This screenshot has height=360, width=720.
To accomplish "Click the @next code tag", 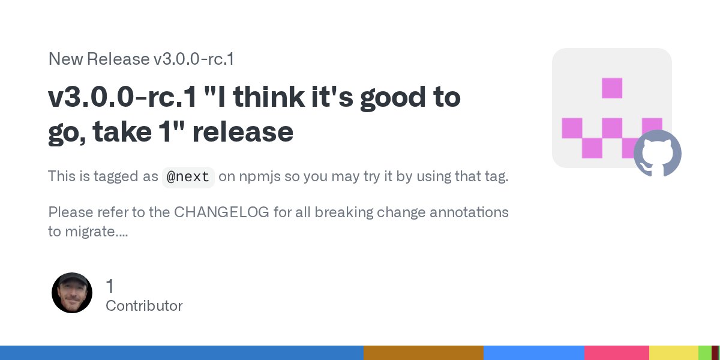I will (188, 177).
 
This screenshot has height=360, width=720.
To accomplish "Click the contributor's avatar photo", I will (72, 293).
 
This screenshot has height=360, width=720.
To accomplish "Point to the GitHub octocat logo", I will (658, 154).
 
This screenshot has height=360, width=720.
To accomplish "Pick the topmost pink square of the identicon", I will (612, 88).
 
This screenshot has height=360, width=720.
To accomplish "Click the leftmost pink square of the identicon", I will (572, 128).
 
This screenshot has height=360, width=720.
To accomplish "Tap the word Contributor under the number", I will (144, 306).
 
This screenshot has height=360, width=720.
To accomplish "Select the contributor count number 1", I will (110, 286).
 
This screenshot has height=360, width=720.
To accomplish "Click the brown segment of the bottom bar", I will (423, 353).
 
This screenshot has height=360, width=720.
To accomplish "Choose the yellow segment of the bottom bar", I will (673, 353).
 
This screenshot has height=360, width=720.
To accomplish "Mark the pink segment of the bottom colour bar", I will (616, 353).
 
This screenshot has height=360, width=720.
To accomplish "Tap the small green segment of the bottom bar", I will (704, 353).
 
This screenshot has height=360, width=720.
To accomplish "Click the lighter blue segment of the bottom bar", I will (533, 353).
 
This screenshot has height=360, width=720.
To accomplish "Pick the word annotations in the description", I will (463, 212).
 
